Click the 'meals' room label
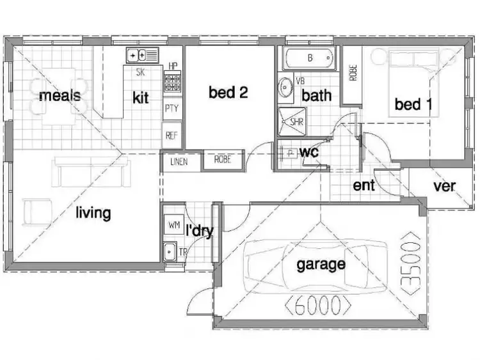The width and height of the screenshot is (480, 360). (60, 96)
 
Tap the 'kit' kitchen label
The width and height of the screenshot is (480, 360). (140, 97)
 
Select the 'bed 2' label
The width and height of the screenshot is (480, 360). (228, 92)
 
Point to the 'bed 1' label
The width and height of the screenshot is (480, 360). (412, 104)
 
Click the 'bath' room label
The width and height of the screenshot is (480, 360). (316, 96)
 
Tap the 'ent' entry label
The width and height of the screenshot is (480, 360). (364, 186)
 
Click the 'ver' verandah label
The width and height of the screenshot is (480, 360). (444, 186)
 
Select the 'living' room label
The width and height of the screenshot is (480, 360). (93, 212)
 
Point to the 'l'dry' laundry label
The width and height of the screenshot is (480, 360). (199, 231)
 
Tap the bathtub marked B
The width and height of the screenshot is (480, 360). (308, 58)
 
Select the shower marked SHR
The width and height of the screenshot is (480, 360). (291, 120)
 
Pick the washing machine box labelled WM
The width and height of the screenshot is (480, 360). (173, 226)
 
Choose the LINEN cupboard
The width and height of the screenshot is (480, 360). (179, 161)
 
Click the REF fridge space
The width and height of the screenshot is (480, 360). (172, 135)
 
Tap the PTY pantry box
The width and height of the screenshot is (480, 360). (172, 108)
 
